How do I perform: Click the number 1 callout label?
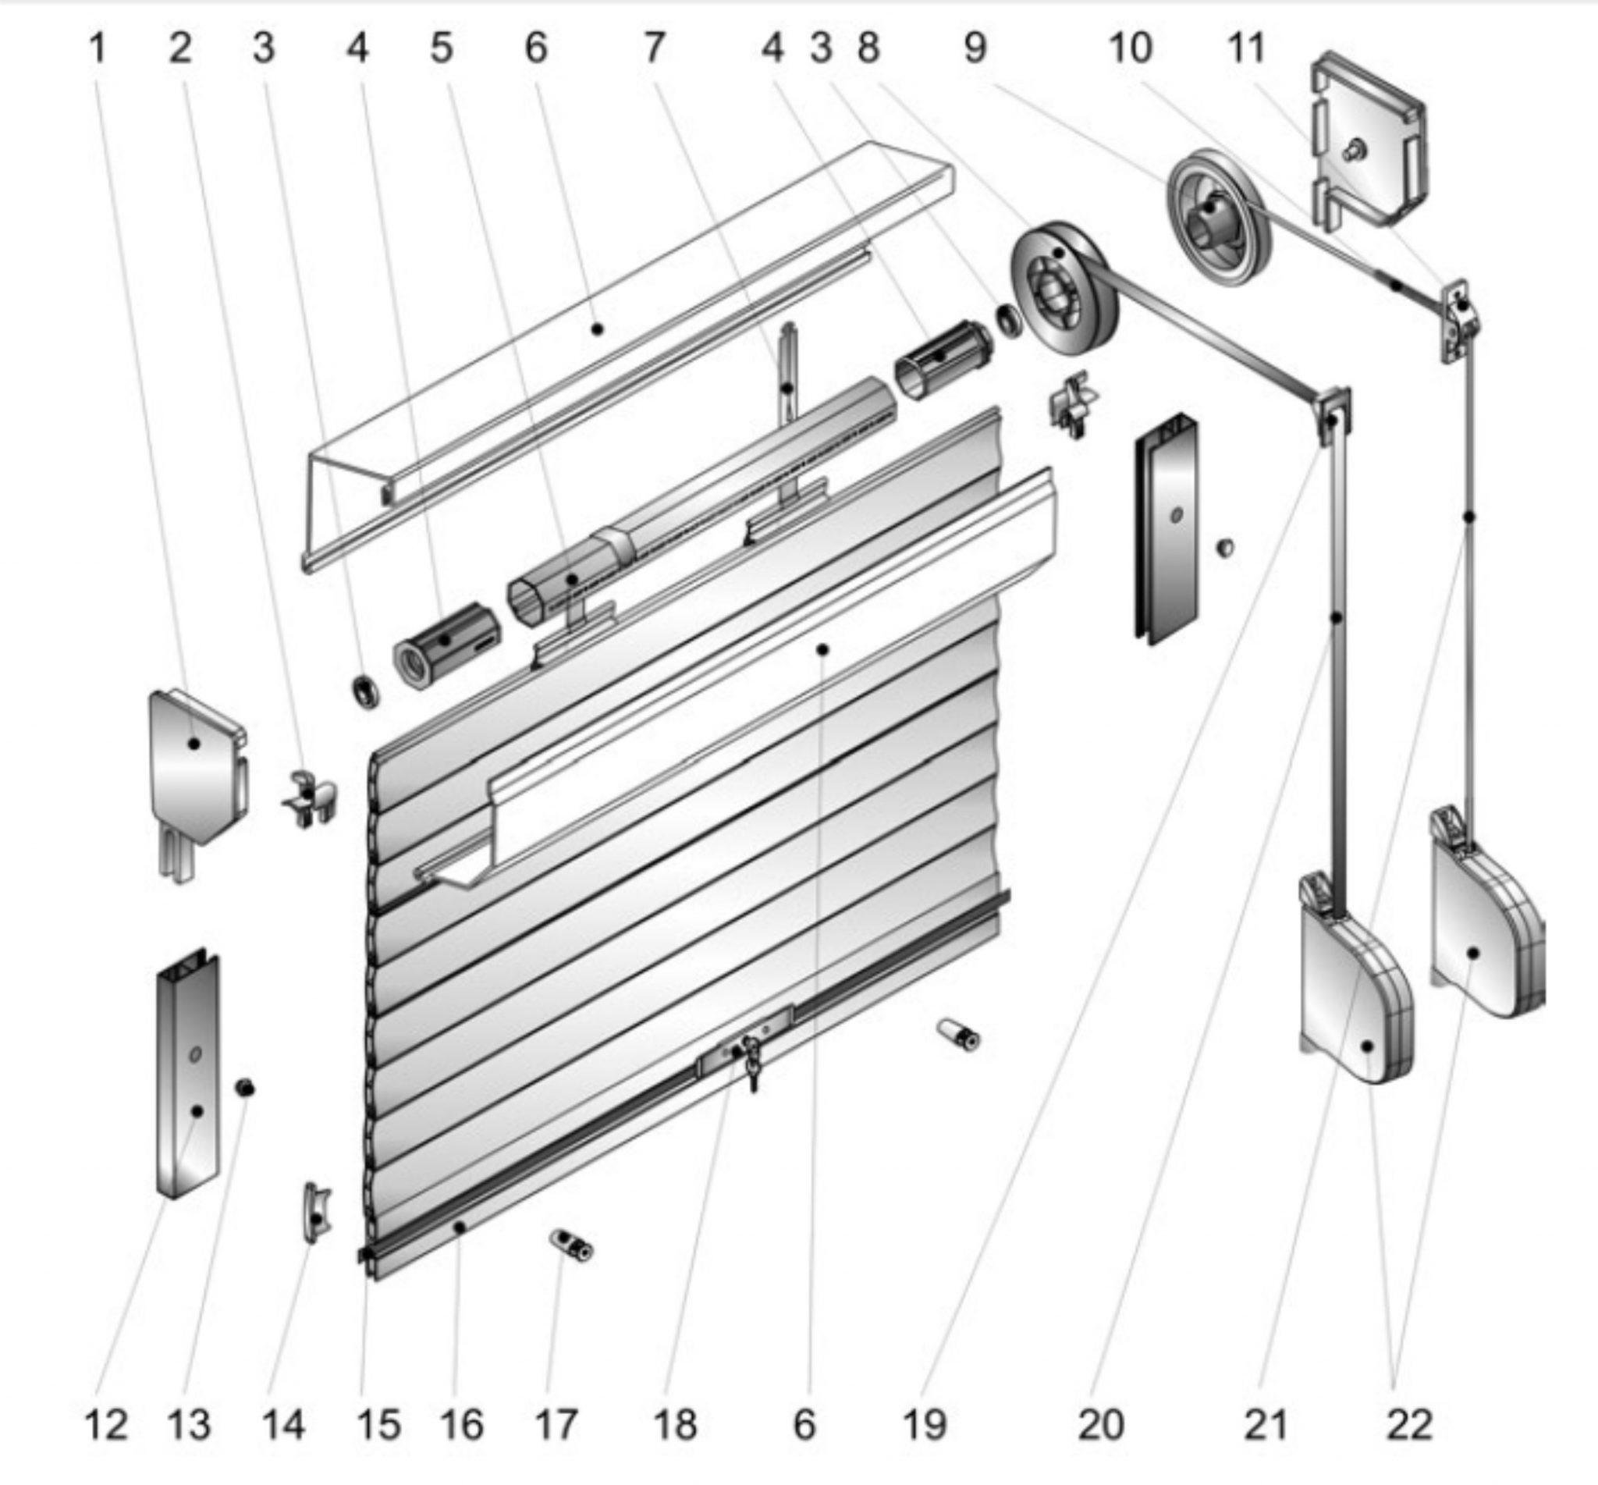[x=98, y=49]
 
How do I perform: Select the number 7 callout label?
[x=654, y=48]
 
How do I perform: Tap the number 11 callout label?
[x=1246, y=49]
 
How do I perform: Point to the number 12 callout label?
[x=106, y=1426]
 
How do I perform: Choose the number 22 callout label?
[x=1409, y=1426]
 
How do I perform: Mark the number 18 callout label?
[x=676, y=1426]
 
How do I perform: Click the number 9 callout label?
[x=975, y=49]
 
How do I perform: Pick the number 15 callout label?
[x=378, y=1426]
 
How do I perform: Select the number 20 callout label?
[x=1101, y=1426]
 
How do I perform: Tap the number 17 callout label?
[x=556, y=1426]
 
